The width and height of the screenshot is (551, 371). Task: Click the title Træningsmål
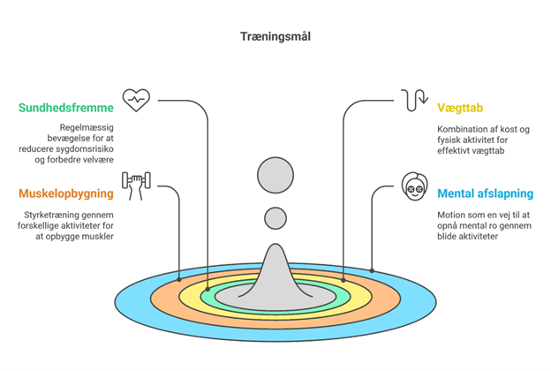tap(275, 36)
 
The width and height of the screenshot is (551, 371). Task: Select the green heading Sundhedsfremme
tap(65, 108)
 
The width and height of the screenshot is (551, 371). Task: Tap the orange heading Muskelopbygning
tap(64, 193)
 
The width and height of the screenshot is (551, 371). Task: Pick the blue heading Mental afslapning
tap(485, 193)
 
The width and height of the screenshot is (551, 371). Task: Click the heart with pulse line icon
tap(136, 98)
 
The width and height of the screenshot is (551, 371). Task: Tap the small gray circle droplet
tap(275, 217)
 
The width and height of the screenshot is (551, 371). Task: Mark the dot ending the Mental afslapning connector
tap(371, 269)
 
